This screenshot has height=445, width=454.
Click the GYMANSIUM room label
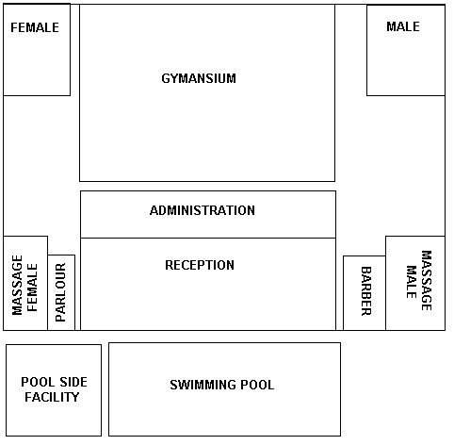click(199, 78)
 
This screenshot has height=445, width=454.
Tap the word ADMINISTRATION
click(203, 210)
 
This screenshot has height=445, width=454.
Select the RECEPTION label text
click(200, 265)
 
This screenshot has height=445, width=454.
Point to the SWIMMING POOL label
click(222, 385)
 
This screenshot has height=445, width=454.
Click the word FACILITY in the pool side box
click(52, 397)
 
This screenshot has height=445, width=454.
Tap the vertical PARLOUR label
click(60, 292)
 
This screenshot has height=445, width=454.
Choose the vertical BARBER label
click(366, 291)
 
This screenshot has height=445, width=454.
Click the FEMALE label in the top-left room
click(35, 27)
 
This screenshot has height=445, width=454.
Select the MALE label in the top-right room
click(403, 26)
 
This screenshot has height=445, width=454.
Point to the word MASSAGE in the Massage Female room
click(17, 285)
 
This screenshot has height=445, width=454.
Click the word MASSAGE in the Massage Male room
click(426, 280)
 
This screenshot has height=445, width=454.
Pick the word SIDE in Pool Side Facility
click(73, 382)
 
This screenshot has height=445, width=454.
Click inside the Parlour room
click(61, 292)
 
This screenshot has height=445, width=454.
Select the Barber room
click(365, 293)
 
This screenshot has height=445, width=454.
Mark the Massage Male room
click(415, 283)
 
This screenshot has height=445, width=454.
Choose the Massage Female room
click(25, 283)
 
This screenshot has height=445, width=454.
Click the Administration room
click(208, 214)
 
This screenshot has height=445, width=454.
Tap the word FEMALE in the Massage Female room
click(32, 288)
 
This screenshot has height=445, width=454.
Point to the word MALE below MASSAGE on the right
click(412, 282)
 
